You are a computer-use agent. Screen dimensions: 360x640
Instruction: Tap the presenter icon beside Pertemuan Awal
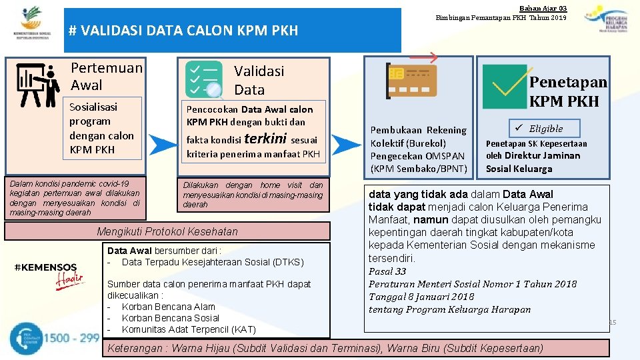coord(37,85)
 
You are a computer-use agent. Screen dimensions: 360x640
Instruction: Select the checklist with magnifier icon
coord(204,80)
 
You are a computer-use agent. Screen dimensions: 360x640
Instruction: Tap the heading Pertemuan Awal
coord(107,76)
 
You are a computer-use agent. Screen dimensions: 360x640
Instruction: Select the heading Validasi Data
coord(259,80)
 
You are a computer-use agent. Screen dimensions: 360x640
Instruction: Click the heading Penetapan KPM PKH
coord(567,91)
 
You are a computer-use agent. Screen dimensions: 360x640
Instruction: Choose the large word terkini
coord(266,139)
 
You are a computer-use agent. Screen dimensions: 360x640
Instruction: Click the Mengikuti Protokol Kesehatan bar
coord(167,231)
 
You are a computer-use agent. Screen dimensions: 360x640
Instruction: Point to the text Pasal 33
coord(387,271)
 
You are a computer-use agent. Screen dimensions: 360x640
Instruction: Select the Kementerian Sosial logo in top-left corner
coord(31,23)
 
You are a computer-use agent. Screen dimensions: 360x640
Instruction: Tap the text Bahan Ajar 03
coord(543,7)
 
